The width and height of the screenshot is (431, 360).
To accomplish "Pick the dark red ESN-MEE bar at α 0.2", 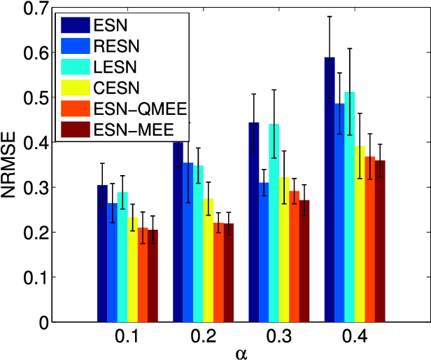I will [x=228, y=272].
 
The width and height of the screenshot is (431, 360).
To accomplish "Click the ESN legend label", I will [x=107, y=25].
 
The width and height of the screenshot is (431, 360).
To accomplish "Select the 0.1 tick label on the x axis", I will [x=127, y=337].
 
